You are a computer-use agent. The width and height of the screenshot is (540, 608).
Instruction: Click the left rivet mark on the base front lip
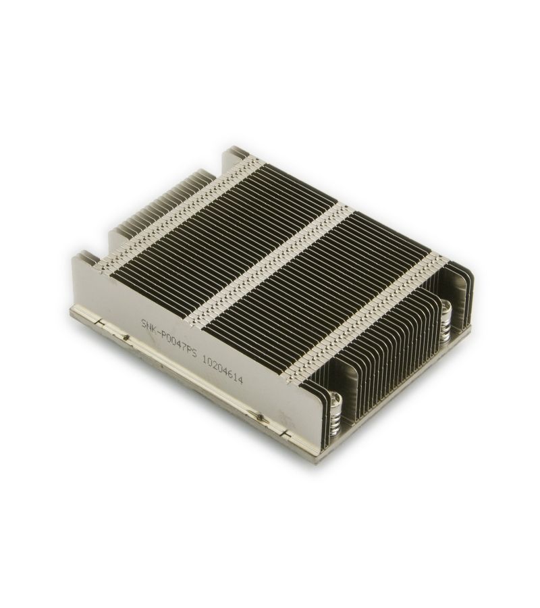[x=126, y=336]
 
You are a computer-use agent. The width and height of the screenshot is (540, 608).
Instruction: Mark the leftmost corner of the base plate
[x=72, y=312]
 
